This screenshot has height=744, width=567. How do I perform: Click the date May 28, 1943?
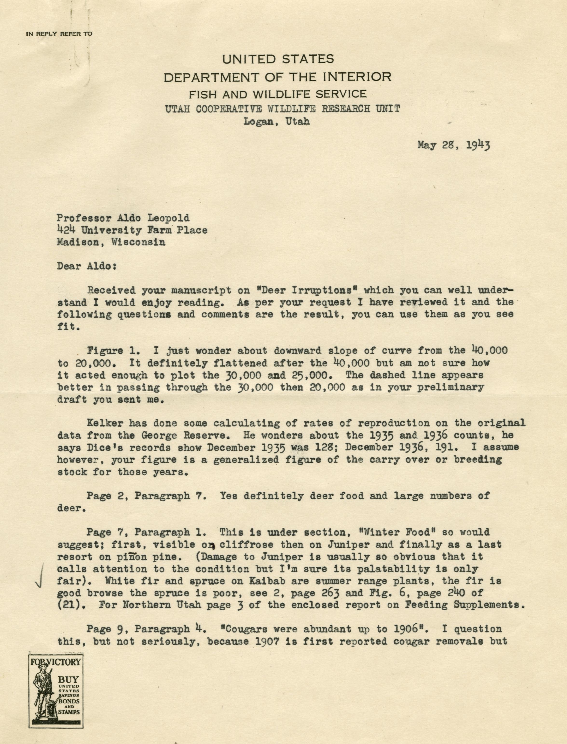(454, 145)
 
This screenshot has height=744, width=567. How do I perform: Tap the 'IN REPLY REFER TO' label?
(59, 34)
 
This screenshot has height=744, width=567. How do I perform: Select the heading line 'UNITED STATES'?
(278, 59)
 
